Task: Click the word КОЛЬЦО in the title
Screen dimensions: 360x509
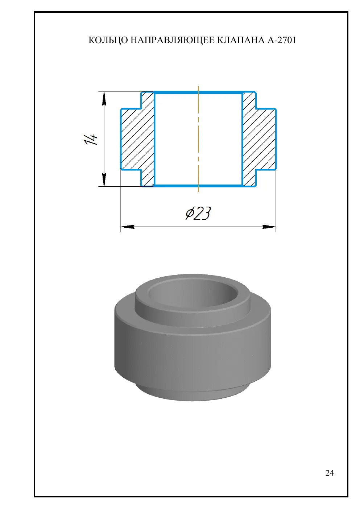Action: click(108, 40)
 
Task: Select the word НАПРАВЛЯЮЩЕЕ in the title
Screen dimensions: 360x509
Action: click(173, 40)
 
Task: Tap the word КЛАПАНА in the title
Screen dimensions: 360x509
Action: click(241, 40)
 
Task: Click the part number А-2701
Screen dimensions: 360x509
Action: click(282, 40)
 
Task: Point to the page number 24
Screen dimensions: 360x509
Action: click(330, 473)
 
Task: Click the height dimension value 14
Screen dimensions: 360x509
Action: click(91, 139)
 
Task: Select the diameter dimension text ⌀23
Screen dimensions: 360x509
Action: click(198, 214)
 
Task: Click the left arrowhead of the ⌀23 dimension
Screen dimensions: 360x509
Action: click(128, 227)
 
